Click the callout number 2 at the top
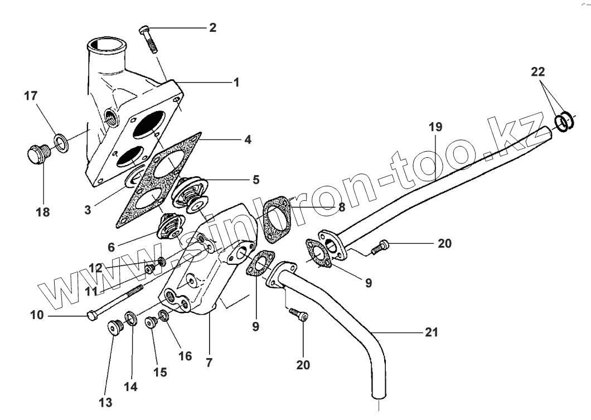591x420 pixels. coord(212,27)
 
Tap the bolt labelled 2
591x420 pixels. coord(149,38)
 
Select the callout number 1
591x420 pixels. coord(236,83)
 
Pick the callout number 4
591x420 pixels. coord(247,139)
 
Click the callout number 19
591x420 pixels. coord(435,127)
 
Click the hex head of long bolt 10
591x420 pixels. coord(92,317)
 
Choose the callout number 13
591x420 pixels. coord(105,402)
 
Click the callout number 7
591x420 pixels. coord(209,362)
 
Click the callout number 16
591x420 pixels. coord(185,356)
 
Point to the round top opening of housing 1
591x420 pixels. coord(106,44)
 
